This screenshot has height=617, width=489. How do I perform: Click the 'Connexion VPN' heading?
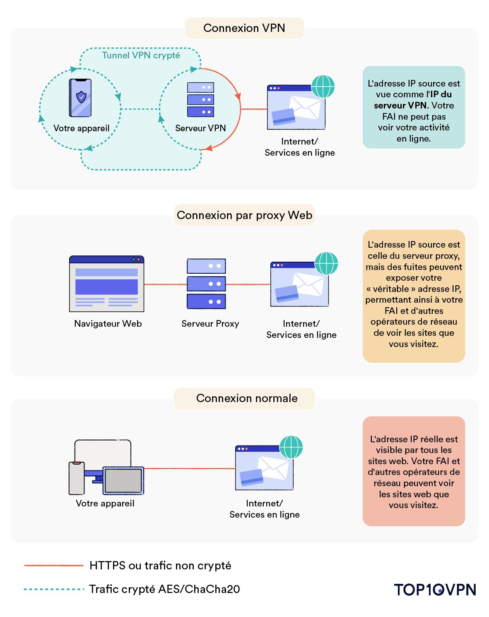(x=244, y=28)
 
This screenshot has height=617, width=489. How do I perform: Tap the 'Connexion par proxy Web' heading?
(x=244, y=215)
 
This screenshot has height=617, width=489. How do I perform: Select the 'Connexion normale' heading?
(x=247, y=398)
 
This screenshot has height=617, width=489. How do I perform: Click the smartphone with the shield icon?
(x=80, y=98)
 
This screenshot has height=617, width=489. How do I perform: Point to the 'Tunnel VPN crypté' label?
(x=141, y=55)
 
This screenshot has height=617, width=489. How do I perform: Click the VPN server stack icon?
(x=200, y=99)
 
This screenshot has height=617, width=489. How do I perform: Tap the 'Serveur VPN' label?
(x=200, y=128)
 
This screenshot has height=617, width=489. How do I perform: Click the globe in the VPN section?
(x=323, y=87)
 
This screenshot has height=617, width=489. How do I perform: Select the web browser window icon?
(x=106, y=284)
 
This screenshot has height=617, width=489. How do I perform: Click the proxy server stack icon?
(x=206, y=284)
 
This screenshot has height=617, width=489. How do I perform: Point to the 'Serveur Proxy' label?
(x=210, y=324)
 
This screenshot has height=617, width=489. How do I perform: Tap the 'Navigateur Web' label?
(x=108, y=324)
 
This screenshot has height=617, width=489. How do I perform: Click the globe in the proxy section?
(x=326, y=263)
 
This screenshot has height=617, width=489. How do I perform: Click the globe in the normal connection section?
(x=291, y=447)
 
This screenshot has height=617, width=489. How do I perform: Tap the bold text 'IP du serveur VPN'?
(x=412, y=100)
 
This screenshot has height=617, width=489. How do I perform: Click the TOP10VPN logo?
(x=435, y=590)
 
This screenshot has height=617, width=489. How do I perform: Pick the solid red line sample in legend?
(x=53, y=565)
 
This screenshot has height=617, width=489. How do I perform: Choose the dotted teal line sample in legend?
(x=53, y=589)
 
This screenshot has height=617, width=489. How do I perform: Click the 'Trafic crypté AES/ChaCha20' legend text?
(x=164, y=589)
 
